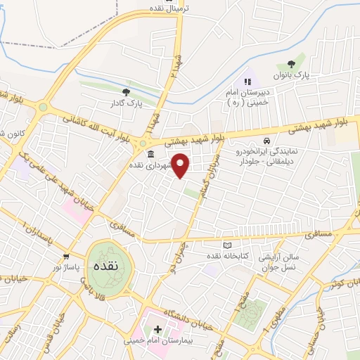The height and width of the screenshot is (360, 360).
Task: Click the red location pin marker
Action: pyautogui.click(x=181, y=165)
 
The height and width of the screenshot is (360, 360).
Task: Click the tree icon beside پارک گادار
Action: pyautogui.click(x=126, y=91)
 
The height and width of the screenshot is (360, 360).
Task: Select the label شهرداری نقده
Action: pyautogui.click(x=150, y=165)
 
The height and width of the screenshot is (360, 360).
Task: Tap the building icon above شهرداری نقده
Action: pyautogui.click(x=149, y=154)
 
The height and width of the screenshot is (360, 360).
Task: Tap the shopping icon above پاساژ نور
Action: pyautogui.click(x=66, y=257)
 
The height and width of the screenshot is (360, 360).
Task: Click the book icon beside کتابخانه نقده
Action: pyautogui.click(x=226, y=245)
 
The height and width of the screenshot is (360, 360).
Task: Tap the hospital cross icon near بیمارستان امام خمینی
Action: pyautogui.click(x=157, y=330)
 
